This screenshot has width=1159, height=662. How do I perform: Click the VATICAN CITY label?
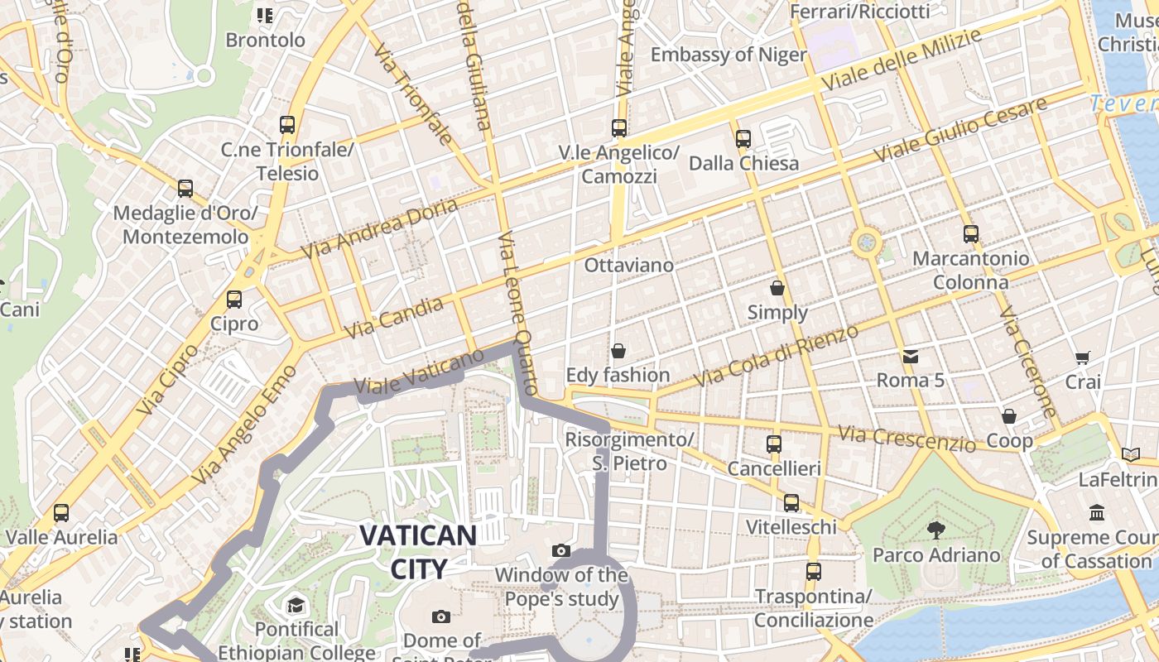419,551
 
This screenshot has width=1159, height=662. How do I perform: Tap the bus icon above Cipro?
234,300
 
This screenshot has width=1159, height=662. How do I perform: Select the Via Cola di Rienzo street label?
776,356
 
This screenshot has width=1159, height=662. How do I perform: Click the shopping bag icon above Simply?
777,288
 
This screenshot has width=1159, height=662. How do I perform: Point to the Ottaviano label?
629,266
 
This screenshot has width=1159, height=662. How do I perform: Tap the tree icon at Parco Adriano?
936,530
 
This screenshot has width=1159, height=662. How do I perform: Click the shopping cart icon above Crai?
1082,357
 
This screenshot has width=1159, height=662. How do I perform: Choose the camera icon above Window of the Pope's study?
561,550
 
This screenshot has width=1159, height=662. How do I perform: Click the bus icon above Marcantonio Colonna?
971,234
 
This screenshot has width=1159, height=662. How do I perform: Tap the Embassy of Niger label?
729,55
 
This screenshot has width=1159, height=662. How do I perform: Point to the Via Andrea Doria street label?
379,228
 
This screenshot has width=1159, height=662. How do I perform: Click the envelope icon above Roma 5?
911,357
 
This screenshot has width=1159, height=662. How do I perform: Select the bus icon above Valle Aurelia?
61,513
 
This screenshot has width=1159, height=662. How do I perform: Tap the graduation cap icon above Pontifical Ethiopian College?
296,606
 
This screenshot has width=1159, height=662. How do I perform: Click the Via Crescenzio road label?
907,439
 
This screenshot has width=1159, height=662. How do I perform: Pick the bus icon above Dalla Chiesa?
743,139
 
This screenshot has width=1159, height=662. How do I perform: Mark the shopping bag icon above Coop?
1009,416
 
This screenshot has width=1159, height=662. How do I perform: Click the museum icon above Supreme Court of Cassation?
1098,513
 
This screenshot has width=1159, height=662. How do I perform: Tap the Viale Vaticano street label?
418,372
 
